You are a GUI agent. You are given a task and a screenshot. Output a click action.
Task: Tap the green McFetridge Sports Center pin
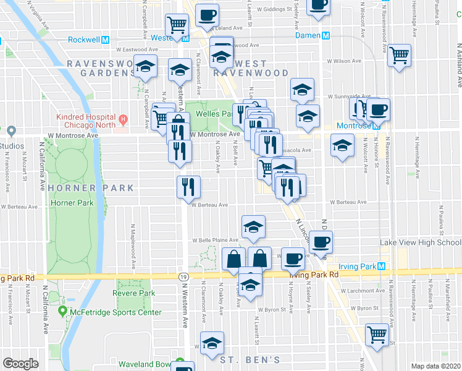click(x=62, y=311)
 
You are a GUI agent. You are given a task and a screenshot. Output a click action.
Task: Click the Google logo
click(x=20, y=364)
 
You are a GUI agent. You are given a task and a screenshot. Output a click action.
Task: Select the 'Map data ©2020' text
click(x=435, y=366)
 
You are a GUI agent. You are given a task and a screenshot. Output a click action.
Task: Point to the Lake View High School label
click(x=420, y=242)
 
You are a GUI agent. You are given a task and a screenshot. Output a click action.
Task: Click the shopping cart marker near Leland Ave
click(x=177, y=25)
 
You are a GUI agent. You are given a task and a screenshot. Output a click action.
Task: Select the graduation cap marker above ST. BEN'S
click(x=212, y=342)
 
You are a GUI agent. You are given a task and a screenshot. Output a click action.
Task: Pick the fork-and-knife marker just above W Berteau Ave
click(x=187, y=186)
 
